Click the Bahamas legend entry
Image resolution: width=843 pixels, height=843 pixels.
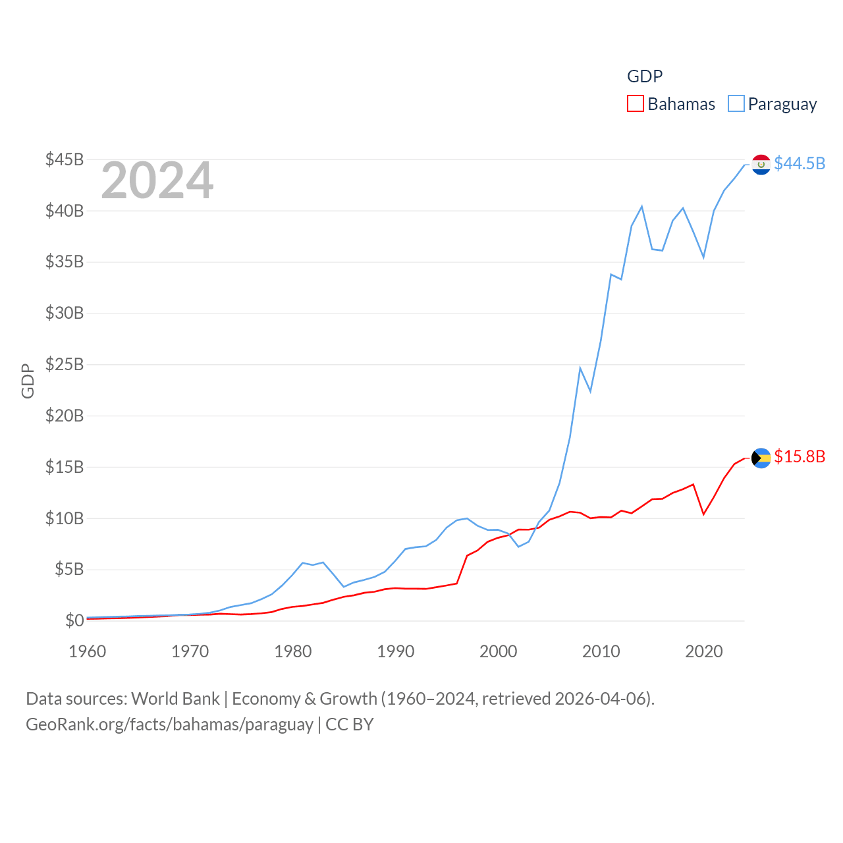[x=672, y=104]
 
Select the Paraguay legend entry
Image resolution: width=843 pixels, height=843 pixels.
[x=773, y=104]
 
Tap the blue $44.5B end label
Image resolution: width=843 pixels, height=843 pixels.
[x=800, y=163]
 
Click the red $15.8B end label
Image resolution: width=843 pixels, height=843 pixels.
[x=800, y=456]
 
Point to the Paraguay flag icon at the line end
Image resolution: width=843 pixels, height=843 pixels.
[x=761, y=164]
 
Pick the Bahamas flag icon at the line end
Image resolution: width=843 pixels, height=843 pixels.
[x=761, y=458]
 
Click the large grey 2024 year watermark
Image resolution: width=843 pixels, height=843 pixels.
[x=157, y=180]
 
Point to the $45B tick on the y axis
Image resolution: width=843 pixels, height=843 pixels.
[x=65, y=159]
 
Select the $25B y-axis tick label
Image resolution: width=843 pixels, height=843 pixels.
[x=65, y=364]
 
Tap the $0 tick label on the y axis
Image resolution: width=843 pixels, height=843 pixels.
[x=74, y=620]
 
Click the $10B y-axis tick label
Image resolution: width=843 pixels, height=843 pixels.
[x=65, y=518]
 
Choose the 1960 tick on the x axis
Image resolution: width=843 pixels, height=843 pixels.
[x=88, y=651]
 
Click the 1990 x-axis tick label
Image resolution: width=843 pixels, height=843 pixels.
[x=396, y=651]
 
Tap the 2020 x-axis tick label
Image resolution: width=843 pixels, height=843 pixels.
[x=704, y=651]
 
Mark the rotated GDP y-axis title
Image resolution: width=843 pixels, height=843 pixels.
[x=28, y=381]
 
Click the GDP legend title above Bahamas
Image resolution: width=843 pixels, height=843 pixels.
[x=645, y=76]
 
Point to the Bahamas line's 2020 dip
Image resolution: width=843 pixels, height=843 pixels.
[x=704, y=514]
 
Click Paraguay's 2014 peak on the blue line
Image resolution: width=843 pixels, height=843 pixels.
[x=641, y=207]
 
